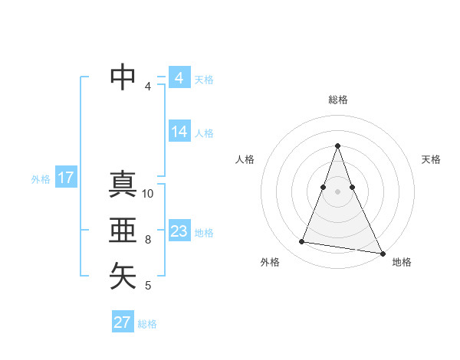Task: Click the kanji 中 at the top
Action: [x=123, y=77]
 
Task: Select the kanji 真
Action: [x=123, y=185]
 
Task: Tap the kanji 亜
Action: [x=123, y=230]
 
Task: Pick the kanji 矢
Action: [x=123, y=276]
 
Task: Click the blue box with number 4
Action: [x=179, y=78]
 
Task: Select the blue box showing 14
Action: [x=179, y=132]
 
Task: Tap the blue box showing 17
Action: [x=65, y=178]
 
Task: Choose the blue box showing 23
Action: [x=179, y=231]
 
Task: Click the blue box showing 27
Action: [x=123, y=322]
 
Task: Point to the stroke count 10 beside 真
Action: [x=148, y=194]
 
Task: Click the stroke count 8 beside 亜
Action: [x=148, y=240]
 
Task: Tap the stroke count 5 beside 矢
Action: [x=148, y=286]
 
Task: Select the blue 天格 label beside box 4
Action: [x=204, y=80]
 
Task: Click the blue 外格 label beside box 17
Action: [x=41, y=179]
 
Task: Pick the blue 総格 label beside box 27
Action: [x=147, y=324]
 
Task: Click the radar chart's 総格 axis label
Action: [x=338, y=100]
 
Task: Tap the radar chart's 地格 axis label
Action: [x=402, y=262]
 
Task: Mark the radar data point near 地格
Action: [x=382, y=253]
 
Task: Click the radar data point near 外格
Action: [x=302, y=242]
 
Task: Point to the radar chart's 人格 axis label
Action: [x=245, y=159]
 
